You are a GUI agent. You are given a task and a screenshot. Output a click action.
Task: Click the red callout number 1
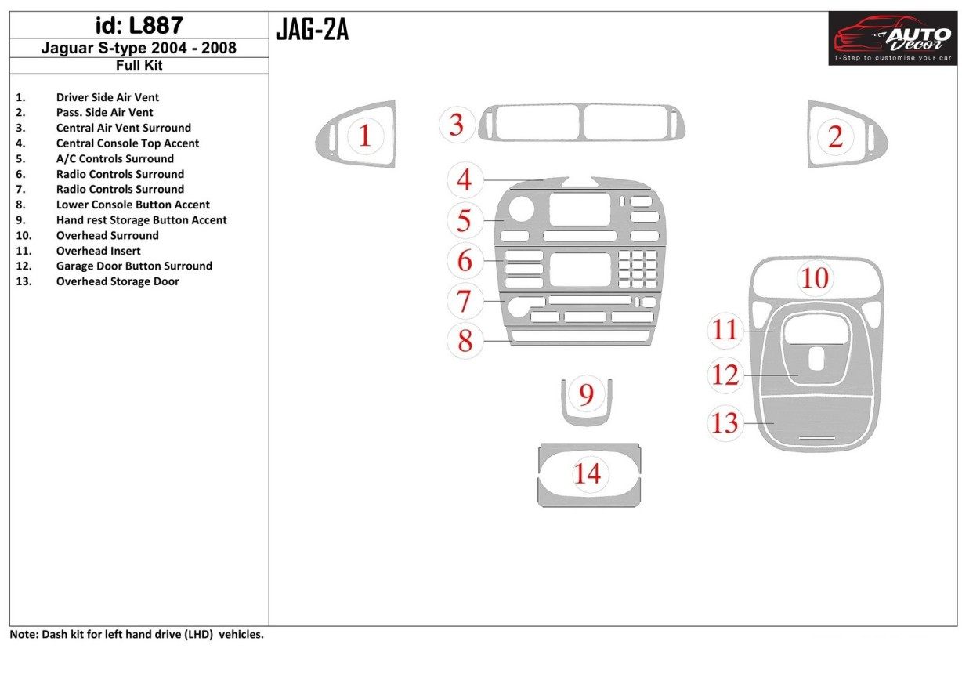pyautogui.click(x=365, y=136)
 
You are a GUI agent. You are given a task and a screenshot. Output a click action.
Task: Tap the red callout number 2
pyautogui.click(x=835, y=137)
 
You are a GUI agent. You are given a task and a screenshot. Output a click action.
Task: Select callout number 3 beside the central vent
pyautogui.click(x=457, y=125)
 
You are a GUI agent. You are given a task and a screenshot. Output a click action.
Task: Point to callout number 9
pyautogui.click(x=587, y=394)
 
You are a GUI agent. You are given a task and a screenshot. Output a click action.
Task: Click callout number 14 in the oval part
pyautogui.click(x=588, y=473)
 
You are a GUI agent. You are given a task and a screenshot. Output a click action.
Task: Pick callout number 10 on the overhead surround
pyautogui.click(x=815, y=277)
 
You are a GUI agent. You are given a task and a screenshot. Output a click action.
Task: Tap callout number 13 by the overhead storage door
pyautogui.click(x=725, y=422)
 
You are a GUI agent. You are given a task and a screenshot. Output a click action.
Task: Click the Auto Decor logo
pyautogui.click(x=892, y=38)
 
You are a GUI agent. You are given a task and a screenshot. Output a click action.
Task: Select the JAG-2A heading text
pyautogui.click(x=312, y=30)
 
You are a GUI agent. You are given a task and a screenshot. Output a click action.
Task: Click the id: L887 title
pyautogui.click(x=139, y=26)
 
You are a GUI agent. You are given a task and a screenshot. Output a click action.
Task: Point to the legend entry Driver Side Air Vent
pyautogui.click(x=107, y=97)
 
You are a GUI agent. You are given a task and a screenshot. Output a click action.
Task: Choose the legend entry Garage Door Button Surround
pyautogui.click(x=134, y=266)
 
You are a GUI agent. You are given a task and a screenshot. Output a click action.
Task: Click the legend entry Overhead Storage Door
pyautogui.click(x=118, y=281)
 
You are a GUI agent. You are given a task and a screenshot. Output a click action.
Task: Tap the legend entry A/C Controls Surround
pyautogui.click(x=115, y=158)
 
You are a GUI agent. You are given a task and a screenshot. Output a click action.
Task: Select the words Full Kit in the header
pyautogui.click(x=139, y=66)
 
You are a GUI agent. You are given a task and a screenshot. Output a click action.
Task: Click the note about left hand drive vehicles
pyautogui.click(x=137, y=635)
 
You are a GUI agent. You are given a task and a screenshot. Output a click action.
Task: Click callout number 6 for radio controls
pyautogui.click(x=465, y=260)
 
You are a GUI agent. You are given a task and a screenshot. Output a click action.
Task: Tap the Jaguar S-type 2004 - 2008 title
pyautogui.click(x=139, y=48)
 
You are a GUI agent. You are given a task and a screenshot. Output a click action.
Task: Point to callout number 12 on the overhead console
pyautogui.click(x=725, y=375)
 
